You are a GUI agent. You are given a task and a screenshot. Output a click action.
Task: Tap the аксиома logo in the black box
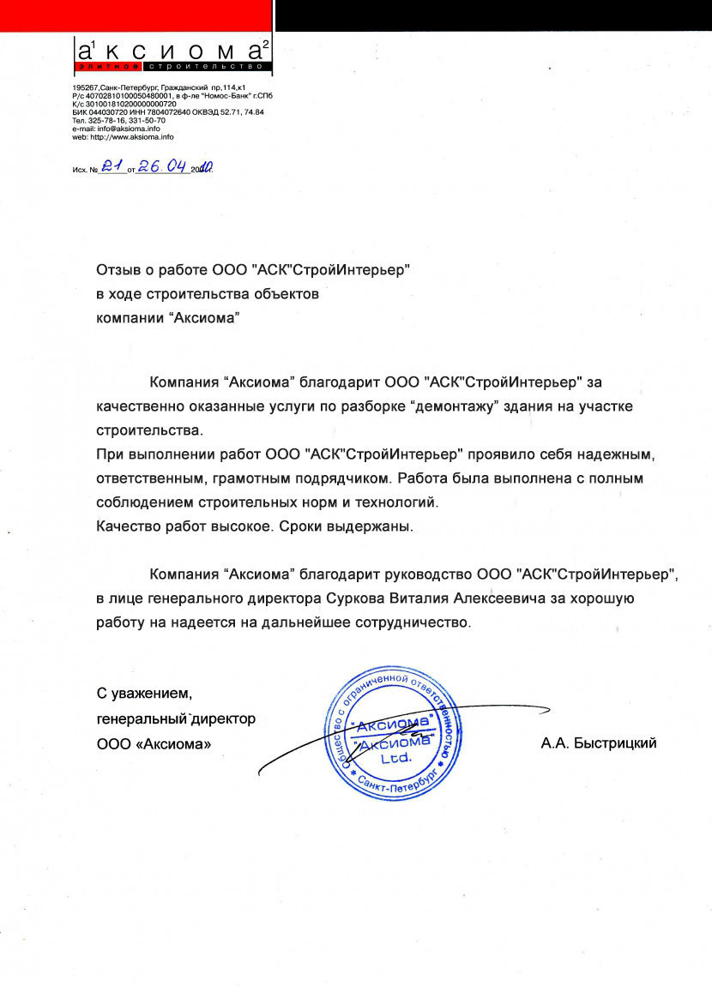172,52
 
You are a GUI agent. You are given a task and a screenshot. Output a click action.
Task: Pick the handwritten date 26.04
163,167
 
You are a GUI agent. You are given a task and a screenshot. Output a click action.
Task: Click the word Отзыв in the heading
117,270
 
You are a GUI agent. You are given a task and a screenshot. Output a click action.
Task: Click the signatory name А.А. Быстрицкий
599,743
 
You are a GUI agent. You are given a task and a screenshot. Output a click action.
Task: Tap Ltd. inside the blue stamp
396,758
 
